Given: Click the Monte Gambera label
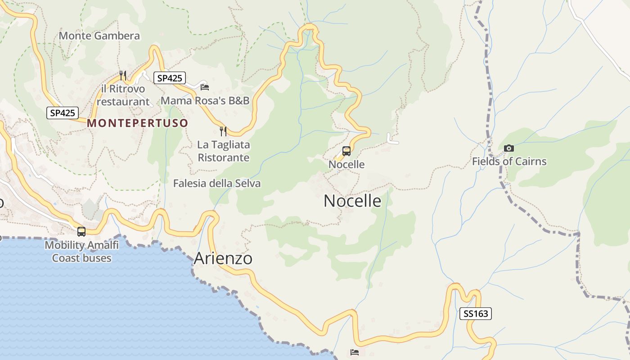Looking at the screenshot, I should point(99,36).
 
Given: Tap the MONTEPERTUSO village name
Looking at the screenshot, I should point(137,123).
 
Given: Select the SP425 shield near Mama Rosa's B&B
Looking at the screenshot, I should point(169,78).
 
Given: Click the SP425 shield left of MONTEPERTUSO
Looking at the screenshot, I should point(63,113).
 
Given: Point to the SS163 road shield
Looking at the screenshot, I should point(475,314).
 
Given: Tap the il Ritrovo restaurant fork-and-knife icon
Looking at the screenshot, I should point(123,75).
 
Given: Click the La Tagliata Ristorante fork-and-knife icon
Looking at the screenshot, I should point(223,131).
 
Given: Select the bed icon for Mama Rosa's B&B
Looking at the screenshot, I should point(205,87).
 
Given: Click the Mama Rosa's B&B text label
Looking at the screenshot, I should point(205,100).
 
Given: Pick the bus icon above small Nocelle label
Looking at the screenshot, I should point(346,151).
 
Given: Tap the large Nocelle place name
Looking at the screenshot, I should point(352,201).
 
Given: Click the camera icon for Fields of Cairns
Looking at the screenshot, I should point(509,148).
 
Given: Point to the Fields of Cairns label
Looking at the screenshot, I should point(509,162).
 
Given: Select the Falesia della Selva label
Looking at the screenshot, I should point(217,183).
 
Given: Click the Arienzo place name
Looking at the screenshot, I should point(223,258).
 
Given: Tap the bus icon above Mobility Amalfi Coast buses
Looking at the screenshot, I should point(81,232).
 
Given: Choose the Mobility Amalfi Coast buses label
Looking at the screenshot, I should point(81,252).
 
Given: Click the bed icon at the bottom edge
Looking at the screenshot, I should point(355,352).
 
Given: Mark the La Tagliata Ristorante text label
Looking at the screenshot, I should point(224,151).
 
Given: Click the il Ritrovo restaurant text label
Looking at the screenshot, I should point(123,95).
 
